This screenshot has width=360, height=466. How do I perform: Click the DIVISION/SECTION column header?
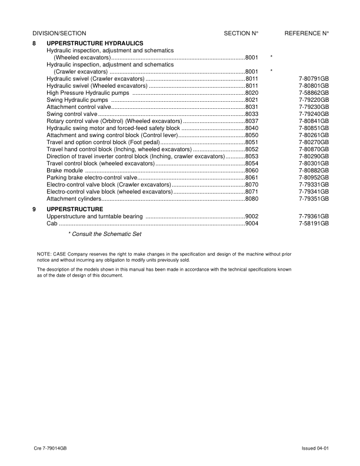coord(59,34)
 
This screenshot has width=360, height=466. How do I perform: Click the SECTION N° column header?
coord(241,34)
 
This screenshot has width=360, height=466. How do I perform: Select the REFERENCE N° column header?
coord(306,34)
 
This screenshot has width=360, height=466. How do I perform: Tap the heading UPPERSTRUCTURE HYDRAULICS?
coord(94,44)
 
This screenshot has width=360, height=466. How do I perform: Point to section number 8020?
coord(252,93)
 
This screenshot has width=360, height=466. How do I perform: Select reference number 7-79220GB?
coord(314,100)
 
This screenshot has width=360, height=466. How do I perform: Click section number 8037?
coord(252,121)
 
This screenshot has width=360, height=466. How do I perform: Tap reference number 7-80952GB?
coord(314,177)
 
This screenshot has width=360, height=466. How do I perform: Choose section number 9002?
coord(252,217)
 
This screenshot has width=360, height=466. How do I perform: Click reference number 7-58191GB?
coord(314,224)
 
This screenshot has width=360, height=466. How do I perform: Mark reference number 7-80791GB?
coord(314,79)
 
